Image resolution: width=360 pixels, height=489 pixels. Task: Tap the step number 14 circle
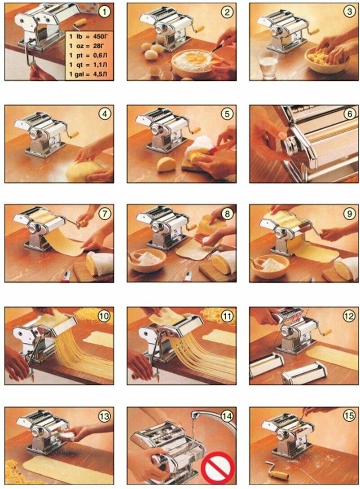[x=227, y=416]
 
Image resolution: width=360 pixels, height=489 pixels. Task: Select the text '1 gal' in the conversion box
[x=76, y=74]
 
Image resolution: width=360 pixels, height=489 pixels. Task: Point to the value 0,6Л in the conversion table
[x=100, y=56]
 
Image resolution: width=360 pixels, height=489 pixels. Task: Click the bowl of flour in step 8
[x=147, y=259]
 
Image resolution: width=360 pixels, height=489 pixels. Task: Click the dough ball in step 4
[x=84, y=171]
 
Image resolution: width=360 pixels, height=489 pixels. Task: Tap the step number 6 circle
[x=349, y=114]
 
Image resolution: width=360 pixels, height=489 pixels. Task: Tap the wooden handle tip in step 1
[x=80, y=22]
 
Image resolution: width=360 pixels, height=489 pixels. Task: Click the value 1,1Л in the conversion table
[x=100, y=65]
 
